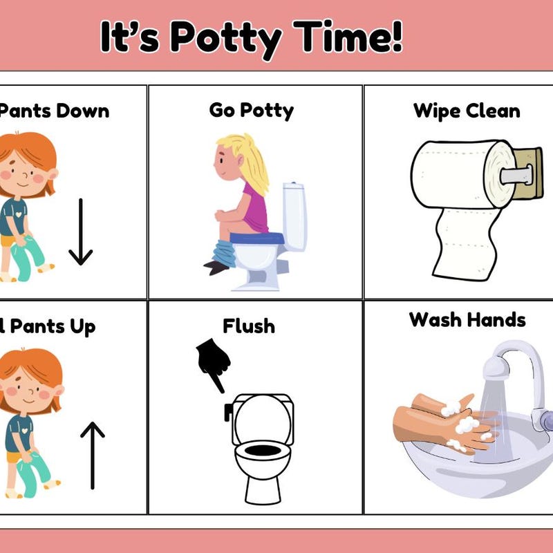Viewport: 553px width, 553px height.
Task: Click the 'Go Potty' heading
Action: coord(251,110)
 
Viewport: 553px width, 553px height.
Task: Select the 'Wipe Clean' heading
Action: coord(467,111)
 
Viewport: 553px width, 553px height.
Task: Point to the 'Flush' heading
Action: coord(248,326)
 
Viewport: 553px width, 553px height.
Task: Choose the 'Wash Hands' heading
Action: coord(467,319)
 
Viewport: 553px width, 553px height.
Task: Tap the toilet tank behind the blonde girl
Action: coord(294,214)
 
